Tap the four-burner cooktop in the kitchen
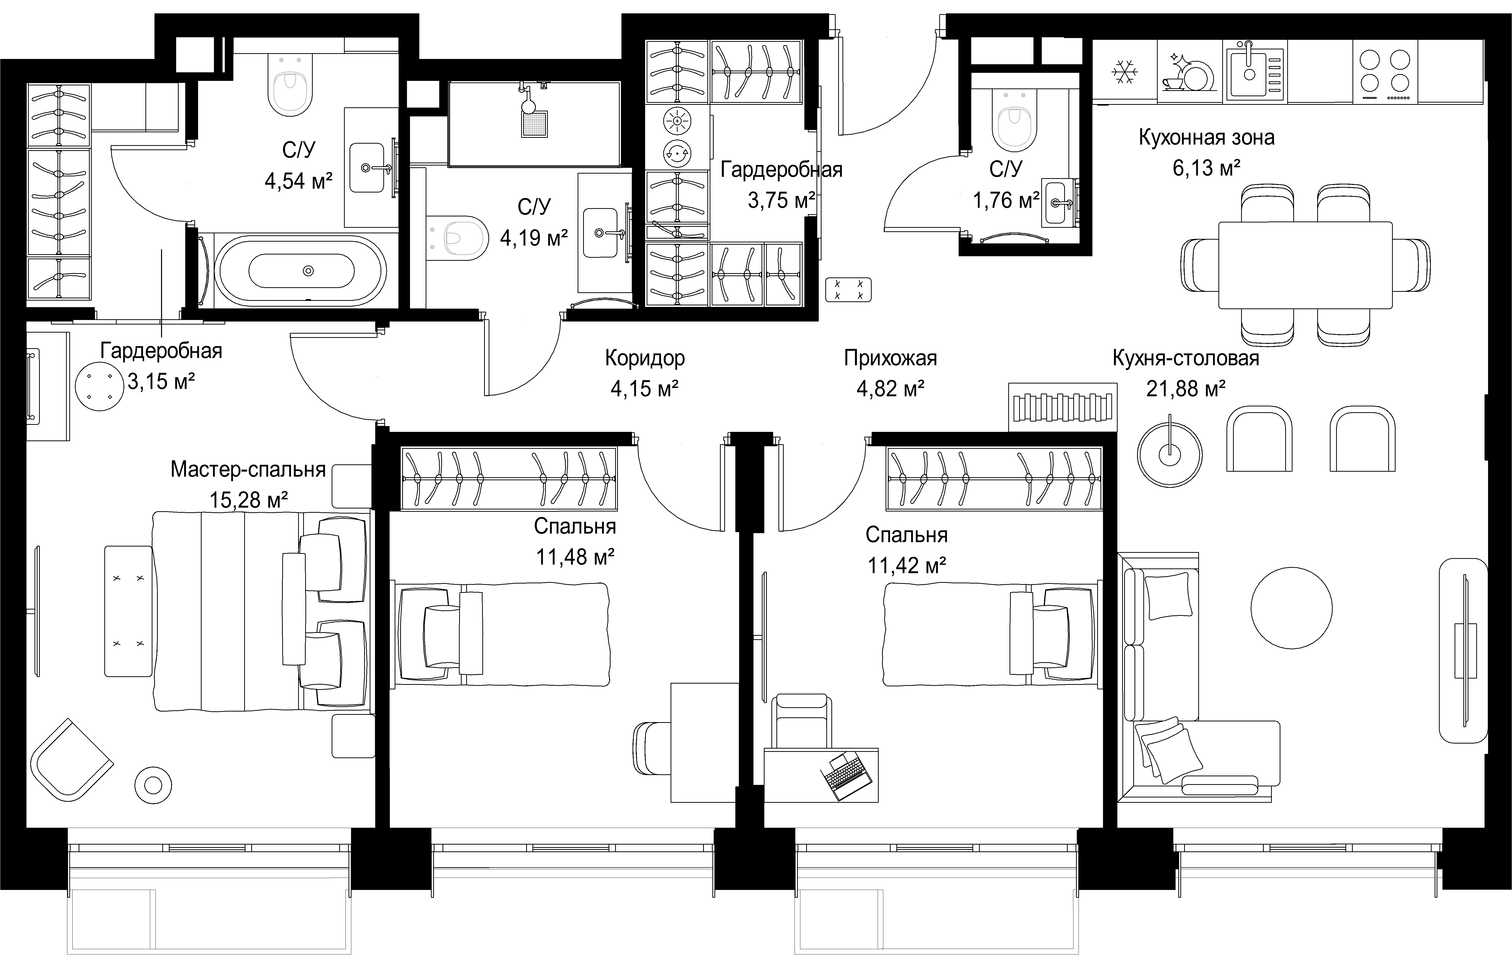[1384, 72]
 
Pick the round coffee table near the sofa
[1291, 607]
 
